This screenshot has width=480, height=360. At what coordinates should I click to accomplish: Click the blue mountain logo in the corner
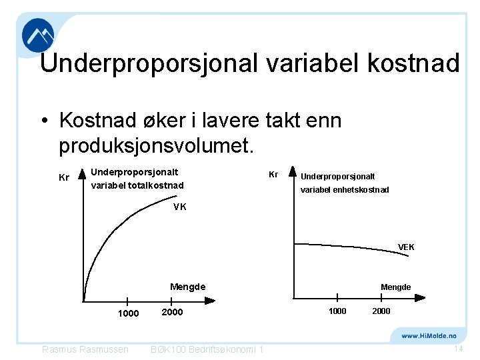[38, 35]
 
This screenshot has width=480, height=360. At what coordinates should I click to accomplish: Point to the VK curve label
[179, 207]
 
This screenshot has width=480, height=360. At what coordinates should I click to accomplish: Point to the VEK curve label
[406, 247]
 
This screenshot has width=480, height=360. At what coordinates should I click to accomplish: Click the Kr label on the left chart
[64, 178]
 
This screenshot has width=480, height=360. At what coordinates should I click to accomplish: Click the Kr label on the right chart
[273, 174]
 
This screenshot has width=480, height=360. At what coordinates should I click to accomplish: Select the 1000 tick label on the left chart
[128, 313]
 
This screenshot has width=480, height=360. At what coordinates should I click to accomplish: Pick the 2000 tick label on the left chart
[172, 312]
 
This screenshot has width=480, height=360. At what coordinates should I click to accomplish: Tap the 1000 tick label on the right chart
[337, 311]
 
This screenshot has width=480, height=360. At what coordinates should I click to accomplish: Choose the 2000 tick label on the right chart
[381, 311]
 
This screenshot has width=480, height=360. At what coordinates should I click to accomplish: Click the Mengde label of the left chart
[187, 287]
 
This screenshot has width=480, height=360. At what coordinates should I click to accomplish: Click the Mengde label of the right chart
[395, 287]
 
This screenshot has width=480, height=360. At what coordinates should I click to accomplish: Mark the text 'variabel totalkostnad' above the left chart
[137, 185]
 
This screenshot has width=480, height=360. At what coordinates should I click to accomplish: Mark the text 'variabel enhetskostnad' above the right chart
[345, 190]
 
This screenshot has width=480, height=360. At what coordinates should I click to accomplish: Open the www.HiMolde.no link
[429, 336]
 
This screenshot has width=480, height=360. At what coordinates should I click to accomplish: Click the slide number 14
[458, 349]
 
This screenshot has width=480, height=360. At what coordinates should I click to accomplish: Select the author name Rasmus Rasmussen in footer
[85, 350]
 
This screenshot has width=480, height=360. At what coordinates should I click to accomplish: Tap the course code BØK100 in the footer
[170, 350]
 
